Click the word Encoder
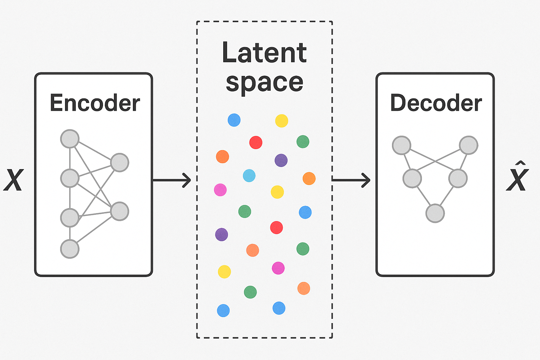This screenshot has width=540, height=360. coord(95,103)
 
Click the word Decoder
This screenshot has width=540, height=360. coord(436,103)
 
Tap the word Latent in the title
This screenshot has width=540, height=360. coord(264,53)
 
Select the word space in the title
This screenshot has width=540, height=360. coord(264,82)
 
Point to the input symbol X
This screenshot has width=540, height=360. coord(13,180)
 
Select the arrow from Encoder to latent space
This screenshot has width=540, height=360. coord(172,180)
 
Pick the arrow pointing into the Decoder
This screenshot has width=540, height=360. coord(351,180)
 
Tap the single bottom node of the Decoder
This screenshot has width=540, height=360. coord(435,213)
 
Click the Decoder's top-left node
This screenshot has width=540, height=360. coord(401,145)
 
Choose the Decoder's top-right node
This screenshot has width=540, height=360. coord(468,145)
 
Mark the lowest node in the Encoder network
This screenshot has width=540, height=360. coord(70,249)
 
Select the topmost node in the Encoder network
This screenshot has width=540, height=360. coord(70,139)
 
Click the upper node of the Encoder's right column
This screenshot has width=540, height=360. coord(120,162)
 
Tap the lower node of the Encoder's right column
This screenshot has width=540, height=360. coord(120,211)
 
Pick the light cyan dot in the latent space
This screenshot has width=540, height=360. coord(249,175)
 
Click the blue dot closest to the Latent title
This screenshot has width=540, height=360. coord(234,120)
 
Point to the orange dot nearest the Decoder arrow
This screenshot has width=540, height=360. coord(309,178)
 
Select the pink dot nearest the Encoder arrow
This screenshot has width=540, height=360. coord(220,190)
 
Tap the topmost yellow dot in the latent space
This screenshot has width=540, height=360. coord(281,121)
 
